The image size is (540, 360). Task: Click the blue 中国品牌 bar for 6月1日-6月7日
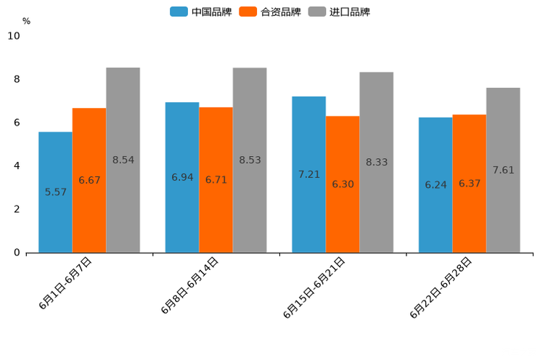(x=55, y=192)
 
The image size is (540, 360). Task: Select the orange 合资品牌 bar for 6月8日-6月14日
(x=216, y=180)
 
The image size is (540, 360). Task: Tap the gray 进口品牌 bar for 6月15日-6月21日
(x=376, y=163)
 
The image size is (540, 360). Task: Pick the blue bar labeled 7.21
(x=308, y=174)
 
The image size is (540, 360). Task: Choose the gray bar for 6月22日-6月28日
(x=503, y=170)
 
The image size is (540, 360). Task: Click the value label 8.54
(x=123, y=160)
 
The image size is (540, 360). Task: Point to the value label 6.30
(x=343, y=184)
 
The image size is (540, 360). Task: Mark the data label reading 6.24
(x=435, y=185)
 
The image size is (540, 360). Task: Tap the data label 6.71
(x=216, y=180)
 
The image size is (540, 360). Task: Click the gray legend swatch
(x=317, y=12)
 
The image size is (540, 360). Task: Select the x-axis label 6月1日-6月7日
(x=65, y=283)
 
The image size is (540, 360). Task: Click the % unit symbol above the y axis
(x=26, y=21)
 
